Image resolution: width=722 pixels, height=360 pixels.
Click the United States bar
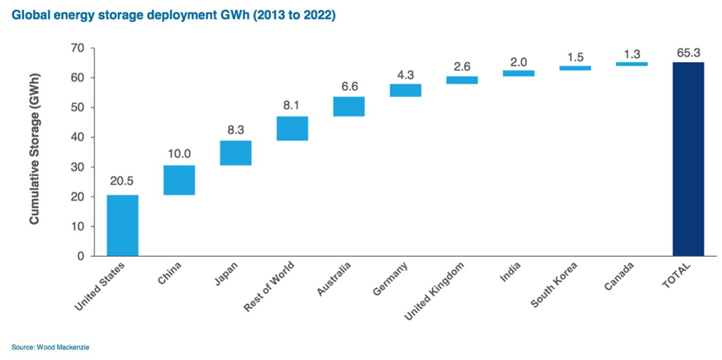122,225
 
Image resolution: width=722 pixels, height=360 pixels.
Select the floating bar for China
179,180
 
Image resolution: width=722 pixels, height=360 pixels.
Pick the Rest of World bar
292,128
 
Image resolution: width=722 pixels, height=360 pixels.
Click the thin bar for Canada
632,64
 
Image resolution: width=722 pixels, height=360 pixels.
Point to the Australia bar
349,107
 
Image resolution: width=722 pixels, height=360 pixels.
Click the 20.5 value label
122,183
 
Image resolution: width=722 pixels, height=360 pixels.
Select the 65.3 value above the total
688,51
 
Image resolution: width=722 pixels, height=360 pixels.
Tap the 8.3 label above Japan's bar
236,130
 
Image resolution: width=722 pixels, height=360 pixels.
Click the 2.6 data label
462,65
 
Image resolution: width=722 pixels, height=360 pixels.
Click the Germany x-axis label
392,282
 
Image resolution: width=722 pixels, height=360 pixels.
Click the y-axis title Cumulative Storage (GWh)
36,152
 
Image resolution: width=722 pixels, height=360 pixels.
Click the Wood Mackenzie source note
49,346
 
